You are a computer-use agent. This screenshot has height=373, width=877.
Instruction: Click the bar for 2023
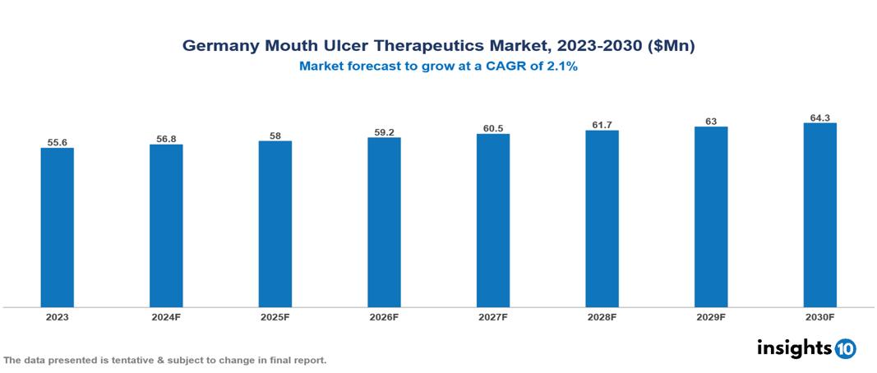tap(57, 228)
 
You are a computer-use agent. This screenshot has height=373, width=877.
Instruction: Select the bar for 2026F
tap(384, 222)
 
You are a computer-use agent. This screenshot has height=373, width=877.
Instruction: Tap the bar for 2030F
tap(819, 215)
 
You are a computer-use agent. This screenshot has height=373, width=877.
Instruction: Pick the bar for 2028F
tap(602, 219)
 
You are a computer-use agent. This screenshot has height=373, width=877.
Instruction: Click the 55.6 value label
tap(57, 142)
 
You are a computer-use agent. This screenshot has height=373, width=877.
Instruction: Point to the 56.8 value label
tap(166, 139)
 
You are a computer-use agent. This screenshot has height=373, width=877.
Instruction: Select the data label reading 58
tap(275, 135)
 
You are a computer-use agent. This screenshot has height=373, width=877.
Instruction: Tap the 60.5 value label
tap(492, 128)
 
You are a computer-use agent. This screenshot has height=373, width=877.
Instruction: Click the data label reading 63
tap(711, 121)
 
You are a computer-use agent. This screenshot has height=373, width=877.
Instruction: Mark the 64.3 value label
tap(819, 117)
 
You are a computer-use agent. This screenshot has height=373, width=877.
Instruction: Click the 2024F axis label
tap(166, 316)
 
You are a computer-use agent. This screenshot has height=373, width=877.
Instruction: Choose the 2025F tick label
tap(275, 316)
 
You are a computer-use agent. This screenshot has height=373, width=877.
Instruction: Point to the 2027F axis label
tap(492, 316)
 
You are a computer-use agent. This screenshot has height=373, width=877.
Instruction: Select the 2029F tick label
tap(711, 316)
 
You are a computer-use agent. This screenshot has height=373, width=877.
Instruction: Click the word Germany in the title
tap(219, 47)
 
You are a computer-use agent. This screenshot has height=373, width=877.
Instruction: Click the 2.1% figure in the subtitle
tap(561, 67)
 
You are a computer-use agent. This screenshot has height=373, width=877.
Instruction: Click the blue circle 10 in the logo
tap(845, 348)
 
